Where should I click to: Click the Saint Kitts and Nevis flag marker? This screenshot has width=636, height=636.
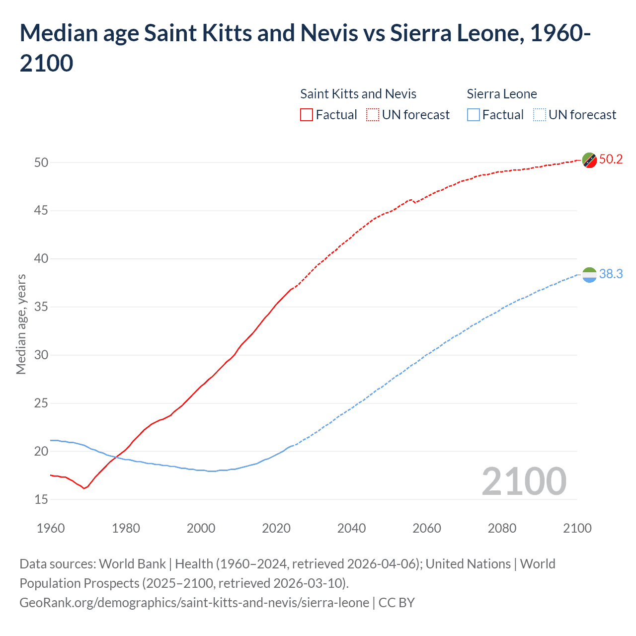pyautogui.click(x=589, y=160)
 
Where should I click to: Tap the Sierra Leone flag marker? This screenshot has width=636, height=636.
pyautogui.click(x=589, y=275)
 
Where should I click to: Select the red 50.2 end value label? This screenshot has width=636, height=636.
pyautogui.click(x=611, y=159)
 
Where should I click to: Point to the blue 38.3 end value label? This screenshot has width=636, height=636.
pyautogui.click(x=611, y=274)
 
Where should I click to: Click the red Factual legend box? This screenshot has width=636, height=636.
pyautogui.click(x=307, y=115)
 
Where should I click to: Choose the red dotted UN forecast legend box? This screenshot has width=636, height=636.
pyautogui.click(x=373, y=115)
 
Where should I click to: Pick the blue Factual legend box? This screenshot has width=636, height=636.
pyautogui.click(x=473, y=115)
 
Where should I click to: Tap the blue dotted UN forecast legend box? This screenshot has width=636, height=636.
pyautogui.click(x=539, y=115)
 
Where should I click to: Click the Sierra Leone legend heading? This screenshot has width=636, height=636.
pyautogui.click(x=502, y=94)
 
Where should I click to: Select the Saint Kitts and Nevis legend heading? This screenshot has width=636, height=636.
pyautogui.click(x=358, y=94)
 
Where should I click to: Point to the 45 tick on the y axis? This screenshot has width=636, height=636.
pyautogui.click(x=41, y=211)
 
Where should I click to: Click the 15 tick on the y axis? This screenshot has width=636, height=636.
pyautogui.click(x=41, y=499)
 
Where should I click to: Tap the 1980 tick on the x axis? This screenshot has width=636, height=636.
pyautogui.click(x=126, y=528)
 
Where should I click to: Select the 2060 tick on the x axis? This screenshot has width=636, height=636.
pyautogui.click(x=427, y=528)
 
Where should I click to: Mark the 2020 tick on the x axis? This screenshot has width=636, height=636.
pyautogui.click(x=276, y=528)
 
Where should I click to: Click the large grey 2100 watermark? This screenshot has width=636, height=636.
pyautogui.click(x=524, y=481)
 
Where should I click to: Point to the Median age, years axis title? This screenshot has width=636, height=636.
pyautogui.click(x=21, y=324)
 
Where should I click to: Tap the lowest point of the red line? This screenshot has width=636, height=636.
pyautogui.click(x=84, y=488)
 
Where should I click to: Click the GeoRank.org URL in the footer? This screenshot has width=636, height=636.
pyautogui.click(x=194, y=603)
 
